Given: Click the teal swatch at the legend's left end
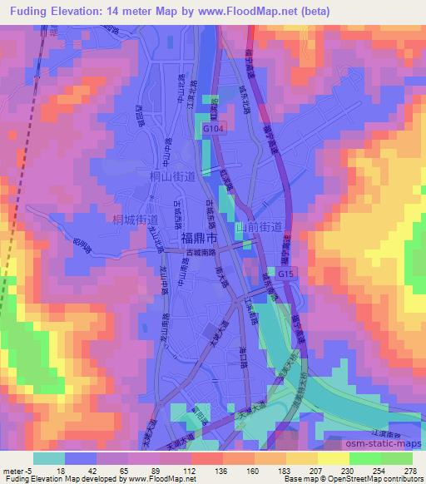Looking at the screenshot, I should coord(49,457).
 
